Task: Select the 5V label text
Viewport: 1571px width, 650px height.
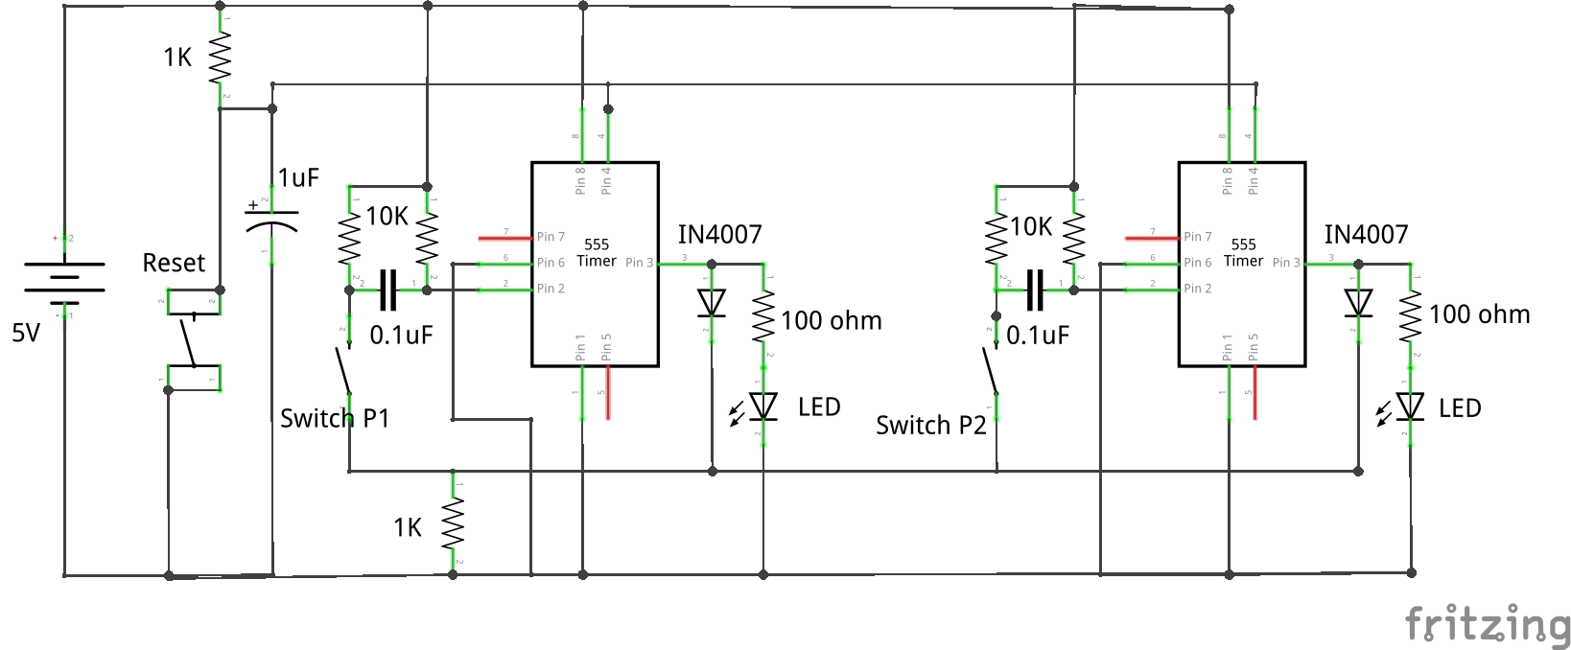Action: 26,334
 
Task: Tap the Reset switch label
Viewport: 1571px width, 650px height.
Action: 174,264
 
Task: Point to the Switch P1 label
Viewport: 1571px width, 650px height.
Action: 335,419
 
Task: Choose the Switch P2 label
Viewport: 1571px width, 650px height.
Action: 930,426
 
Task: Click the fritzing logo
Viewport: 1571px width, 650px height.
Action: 1487,624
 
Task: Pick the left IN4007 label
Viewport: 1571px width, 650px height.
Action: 719,235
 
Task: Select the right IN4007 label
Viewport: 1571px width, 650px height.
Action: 1366,235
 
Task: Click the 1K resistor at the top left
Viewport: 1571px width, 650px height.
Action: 220,59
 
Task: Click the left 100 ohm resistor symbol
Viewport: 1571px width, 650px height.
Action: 763,315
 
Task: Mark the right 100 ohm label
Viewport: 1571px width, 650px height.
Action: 1479,314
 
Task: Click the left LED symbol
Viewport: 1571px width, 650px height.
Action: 762,406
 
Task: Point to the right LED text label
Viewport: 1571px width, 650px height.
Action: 1460,408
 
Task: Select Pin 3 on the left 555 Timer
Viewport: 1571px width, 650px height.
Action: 639,263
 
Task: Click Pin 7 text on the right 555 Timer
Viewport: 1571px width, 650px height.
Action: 1197,237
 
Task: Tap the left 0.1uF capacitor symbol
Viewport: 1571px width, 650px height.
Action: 387,290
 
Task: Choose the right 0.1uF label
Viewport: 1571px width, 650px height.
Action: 1037,336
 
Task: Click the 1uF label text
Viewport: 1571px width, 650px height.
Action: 298,177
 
